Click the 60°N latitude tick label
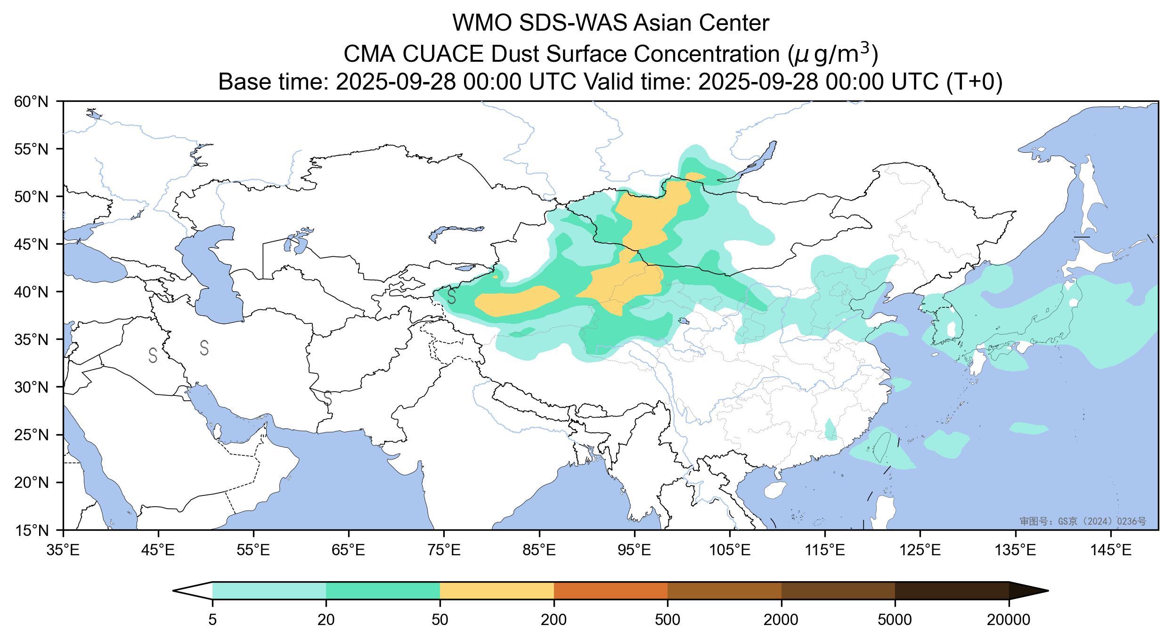click(32, 101)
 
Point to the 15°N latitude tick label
click(32, 531)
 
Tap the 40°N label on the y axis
click(32, 292)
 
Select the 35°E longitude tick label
click(64, 550)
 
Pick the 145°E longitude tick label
click(1111, 550)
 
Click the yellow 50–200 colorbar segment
click(496, 591)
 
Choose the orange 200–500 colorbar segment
click(610, 591)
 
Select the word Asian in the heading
click(662, 24)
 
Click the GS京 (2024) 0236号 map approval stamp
click(1082, 521)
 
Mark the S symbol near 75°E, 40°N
click(451, 296)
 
